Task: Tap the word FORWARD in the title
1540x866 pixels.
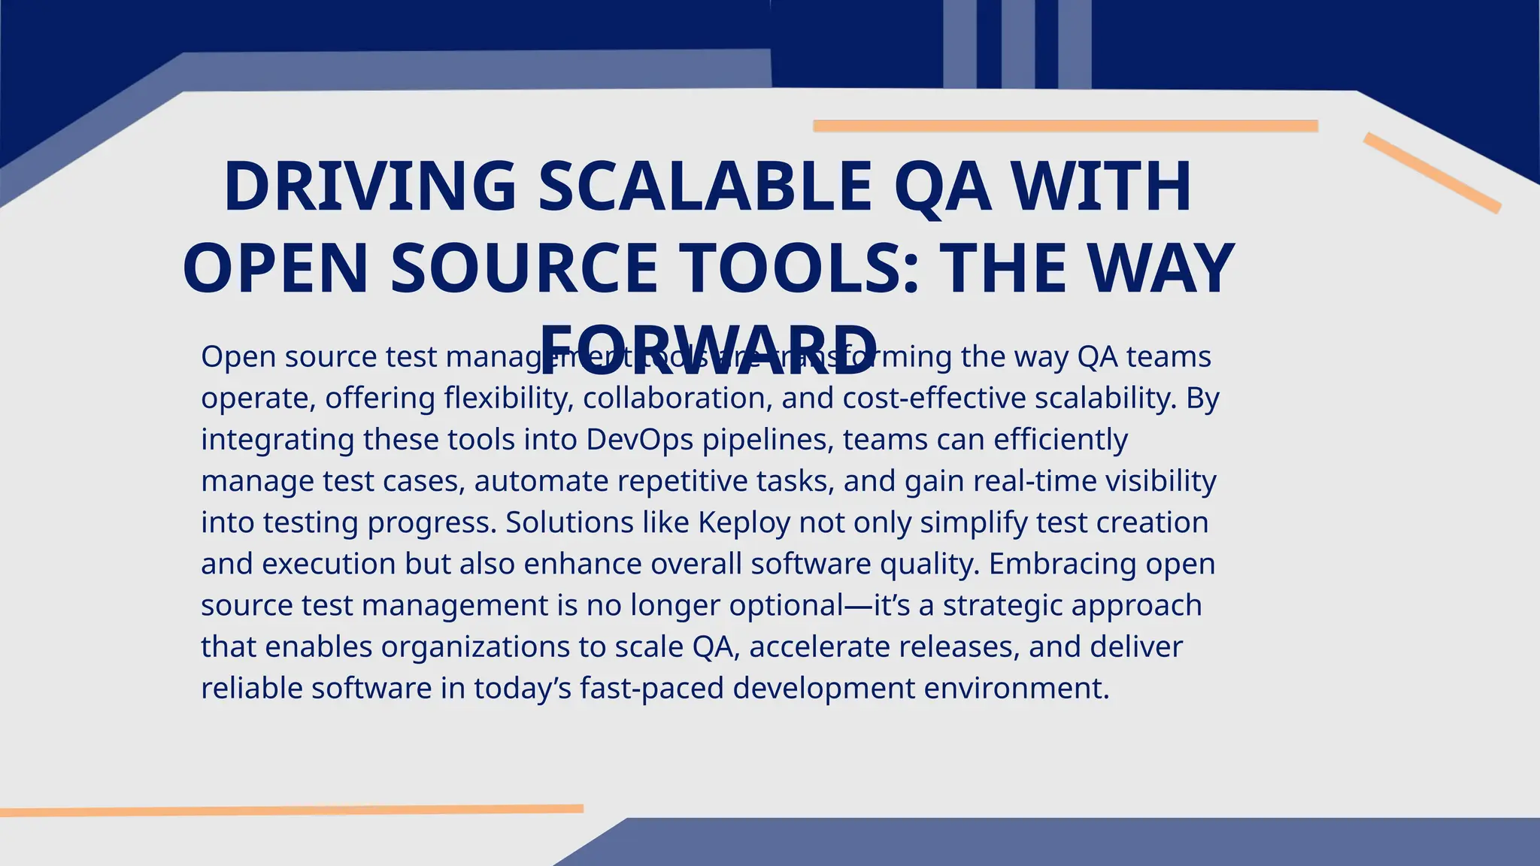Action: coord(709,350)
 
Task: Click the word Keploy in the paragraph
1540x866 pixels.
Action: coord(744,522)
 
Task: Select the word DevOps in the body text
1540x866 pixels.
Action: coord(639,440)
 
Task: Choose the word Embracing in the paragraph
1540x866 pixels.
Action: coord(1063,564)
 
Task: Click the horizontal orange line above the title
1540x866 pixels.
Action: coord(1066,126)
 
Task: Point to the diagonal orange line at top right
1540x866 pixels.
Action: coord(1432,172)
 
